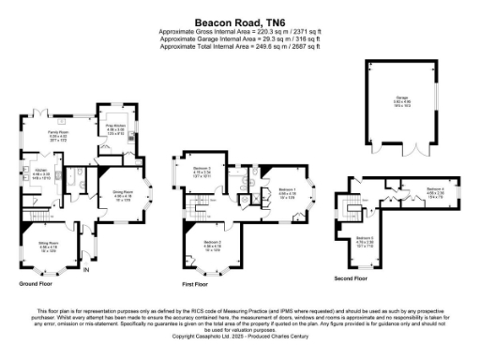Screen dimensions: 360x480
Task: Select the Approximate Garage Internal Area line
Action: [x=240, y=38]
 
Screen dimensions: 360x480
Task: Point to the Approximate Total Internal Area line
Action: [x=240, y=45]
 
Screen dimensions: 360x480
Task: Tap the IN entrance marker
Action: [x=87, y=271]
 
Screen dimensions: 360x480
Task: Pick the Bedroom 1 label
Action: [x=287, y=190]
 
